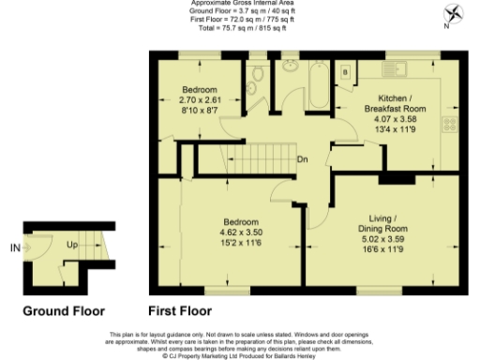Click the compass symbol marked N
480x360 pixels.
coord(455,14)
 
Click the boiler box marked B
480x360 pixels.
coord(345,71)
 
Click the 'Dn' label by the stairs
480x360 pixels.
coord(304,158)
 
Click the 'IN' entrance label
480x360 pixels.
coord(14,248)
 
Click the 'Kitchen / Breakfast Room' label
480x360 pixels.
coord(401,103)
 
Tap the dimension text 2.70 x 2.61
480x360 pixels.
coord(199,98)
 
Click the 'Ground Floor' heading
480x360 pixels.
coord(63,311)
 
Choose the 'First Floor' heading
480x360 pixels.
coord(180,311)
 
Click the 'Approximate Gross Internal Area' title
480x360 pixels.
coord(230,4)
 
